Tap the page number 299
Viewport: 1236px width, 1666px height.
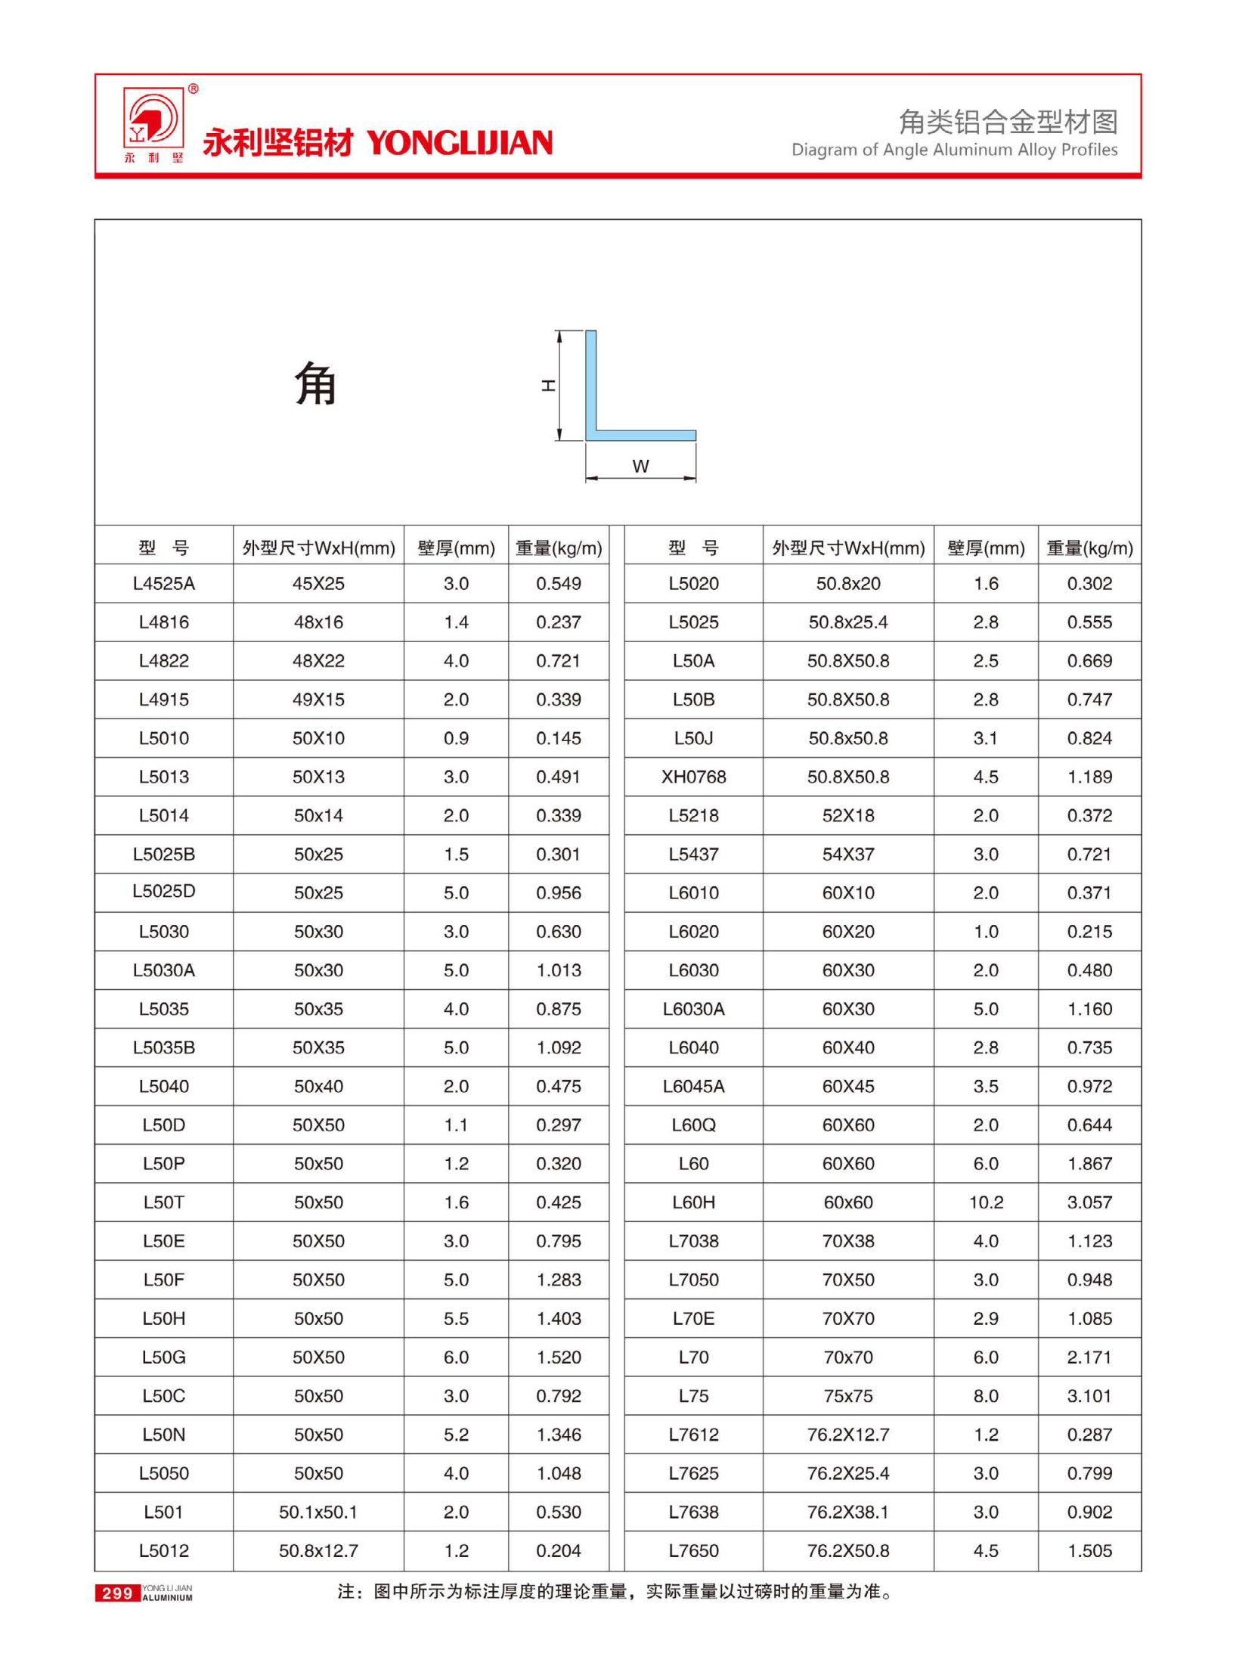[x=117, y=1593]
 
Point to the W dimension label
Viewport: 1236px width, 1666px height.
[x=640, y=467]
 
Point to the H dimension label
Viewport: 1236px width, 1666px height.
[x=548, y=386]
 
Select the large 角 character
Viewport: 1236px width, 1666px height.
[x=315, y=383]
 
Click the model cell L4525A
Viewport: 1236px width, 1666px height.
[x=163, y=584]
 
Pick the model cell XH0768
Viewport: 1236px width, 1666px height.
[x=693, y=777]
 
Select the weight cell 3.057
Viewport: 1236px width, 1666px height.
[x=1089, y=1202]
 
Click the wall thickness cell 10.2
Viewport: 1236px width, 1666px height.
[x=986, y=1202]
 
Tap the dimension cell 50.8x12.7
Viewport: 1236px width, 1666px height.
[x=318, y=1550]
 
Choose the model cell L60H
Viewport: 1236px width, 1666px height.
[x=693, y=1202]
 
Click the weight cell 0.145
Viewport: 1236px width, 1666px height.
[x=559, y=738]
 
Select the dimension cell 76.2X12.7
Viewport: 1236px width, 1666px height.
[x=848, y=1435]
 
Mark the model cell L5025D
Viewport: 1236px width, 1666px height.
[x=163, y=892]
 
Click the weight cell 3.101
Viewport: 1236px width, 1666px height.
[x=1089, y=1396]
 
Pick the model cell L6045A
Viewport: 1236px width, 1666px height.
[x=693, y=1087]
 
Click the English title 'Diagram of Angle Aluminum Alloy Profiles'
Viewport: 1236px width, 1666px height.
[x=954, y=150]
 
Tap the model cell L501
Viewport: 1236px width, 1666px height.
[x=163, y=1512]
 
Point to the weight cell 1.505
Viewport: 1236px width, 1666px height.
[x=1089, y=1550]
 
